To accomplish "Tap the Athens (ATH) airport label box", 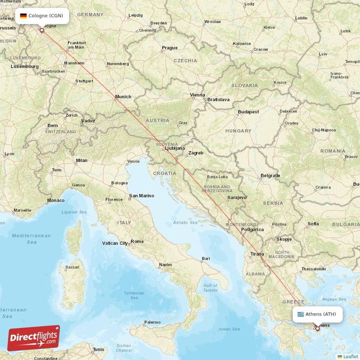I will tap(317, 314).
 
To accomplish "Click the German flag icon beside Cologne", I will tap(23, 16).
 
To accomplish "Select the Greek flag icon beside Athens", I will tap(300, 314).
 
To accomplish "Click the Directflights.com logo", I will tap(33, 338).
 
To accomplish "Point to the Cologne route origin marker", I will tap(42, 31).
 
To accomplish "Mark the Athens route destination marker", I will tap(317, 328).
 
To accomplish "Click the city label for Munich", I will tap(123, 96).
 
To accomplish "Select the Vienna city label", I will tap(197, 95).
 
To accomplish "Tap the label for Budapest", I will tap(248, 111).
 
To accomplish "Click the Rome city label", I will tap(137, 242).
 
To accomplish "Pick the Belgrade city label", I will tap(270, 175).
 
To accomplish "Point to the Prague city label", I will tap(170, 48).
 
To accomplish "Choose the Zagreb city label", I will tap(196, 153).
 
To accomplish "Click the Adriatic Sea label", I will tap(185, 222).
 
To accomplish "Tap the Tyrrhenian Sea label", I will tap(134, 295).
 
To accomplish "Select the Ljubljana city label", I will tap(175, 148).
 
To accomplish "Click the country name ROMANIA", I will tap(332, 151).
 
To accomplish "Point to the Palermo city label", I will tap(152, 322).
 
